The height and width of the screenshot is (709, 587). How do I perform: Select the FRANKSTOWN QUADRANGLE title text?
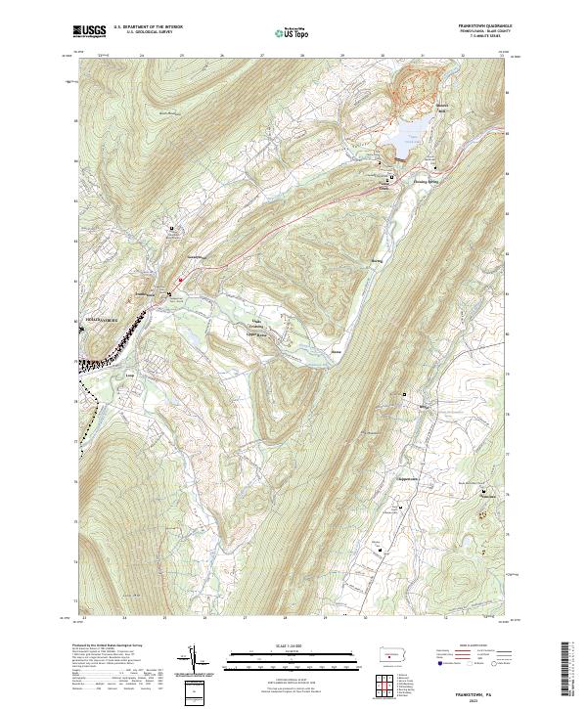click(x=470, y=25)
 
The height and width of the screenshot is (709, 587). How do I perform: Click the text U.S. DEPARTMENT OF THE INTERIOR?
click(x=148, y=26)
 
